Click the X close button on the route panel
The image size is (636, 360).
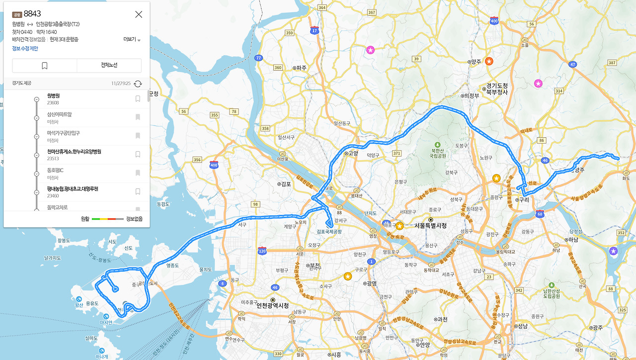[139, 14]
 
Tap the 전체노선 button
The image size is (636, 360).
[109, 65]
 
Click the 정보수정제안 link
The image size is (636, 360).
[25, 48]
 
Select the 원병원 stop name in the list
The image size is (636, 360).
[53, 95]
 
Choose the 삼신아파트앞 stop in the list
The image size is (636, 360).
[59, 114]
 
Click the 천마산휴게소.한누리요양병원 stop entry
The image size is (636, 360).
[74, 152]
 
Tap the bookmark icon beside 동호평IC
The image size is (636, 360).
[138, 173]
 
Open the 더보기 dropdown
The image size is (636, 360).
[132, 40]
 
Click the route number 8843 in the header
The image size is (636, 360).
[32, 14]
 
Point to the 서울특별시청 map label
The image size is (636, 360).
[430, 226]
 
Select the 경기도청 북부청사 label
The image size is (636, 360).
[497, 89]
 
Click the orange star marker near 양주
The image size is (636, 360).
[489, 61]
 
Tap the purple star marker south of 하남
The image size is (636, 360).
[614, 251]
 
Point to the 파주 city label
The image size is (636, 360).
[301, 68]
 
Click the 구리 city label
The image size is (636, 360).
[522, 199]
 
